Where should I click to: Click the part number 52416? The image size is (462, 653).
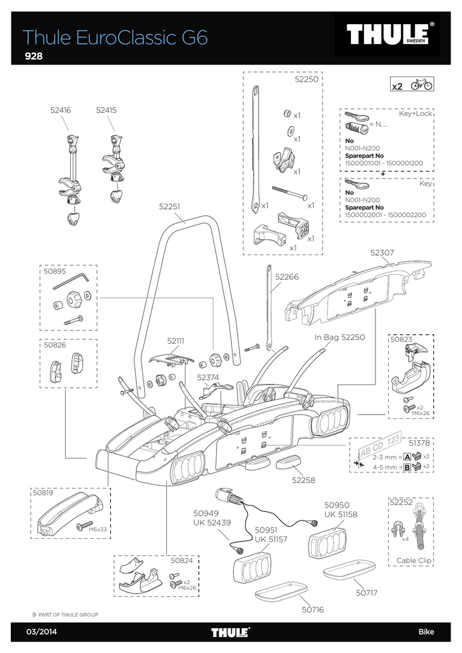(61, 110)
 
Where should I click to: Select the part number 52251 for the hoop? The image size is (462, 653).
(170, 207)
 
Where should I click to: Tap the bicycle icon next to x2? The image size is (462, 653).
(422, 85)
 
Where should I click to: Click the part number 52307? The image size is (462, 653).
(382, 253)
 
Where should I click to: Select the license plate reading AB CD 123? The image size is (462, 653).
(380, 444)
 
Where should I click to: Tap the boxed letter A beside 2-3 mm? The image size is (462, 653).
(407, 457)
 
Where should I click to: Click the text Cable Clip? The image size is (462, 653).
(414, 561)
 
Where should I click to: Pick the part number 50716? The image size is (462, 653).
(313, 610)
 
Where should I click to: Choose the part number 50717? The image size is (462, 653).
(366, 592)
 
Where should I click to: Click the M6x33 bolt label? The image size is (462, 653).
(97, 530)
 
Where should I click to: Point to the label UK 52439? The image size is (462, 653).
(212, 523)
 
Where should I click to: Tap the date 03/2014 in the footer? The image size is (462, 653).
(41, 632)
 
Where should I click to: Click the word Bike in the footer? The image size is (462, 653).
(426, 632)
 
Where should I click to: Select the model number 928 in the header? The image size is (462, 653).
(34, 56)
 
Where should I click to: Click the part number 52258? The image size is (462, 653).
(303, 480)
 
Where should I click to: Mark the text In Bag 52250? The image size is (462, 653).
(340, 337)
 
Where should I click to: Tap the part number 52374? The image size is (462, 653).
(208, 378)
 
